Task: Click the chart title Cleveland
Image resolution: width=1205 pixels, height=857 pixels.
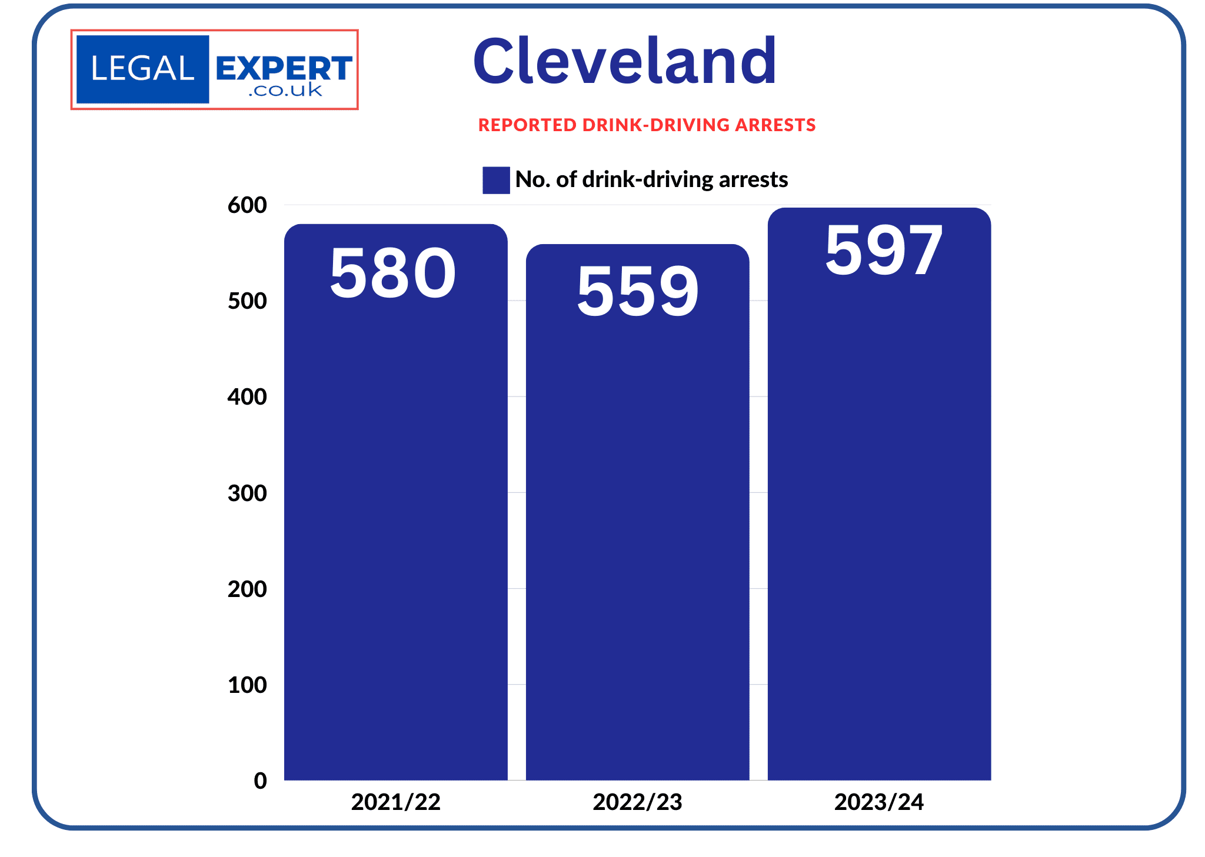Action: pos(624,61)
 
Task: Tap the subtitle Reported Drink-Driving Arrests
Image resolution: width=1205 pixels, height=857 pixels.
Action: pos(647,125)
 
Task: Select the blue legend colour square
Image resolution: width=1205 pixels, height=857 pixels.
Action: pos(496,180)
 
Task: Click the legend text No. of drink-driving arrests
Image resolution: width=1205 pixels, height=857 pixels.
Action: pos(651,179)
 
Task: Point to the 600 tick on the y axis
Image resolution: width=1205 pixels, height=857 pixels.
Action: pos(247,205)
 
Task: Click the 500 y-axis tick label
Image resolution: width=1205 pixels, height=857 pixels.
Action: pos(247,301)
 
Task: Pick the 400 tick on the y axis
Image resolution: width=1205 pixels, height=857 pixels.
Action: pos(247,397)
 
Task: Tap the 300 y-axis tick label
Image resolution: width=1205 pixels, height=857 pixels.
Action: pos(247,493)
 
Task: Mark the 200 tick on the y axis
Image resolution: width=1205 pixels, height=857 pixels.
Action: pos(247,589)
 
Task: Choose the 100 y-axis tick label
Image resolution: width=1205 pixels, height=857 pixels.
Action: pos(247,685)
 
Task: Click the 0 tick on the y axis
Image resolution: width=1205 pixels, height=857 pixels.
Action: pos(260,781)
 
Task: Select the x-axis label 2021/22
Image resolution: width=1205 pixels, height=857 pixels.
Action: pos(396,802)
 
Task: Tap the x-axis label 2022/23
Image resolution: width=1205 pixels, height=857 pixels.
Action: pos(637,802)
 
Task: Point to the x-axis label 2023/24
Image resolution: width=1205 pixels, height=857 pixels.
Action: pos(879,802)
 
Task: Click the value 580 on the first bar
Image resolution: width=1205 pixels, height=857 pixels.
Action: pos(392,273)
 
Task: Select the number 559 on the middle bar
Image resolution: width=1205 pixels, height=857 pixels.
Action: pos(638,291)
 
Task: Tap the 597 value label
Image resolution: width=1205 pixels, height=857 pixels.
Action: pos(883,251)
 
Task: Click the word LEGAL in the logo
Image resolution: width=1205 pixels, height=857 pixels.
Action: pos(142,69)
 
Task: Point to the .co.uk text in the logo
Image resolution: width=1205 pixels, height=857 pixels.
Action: pos(285,91)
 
